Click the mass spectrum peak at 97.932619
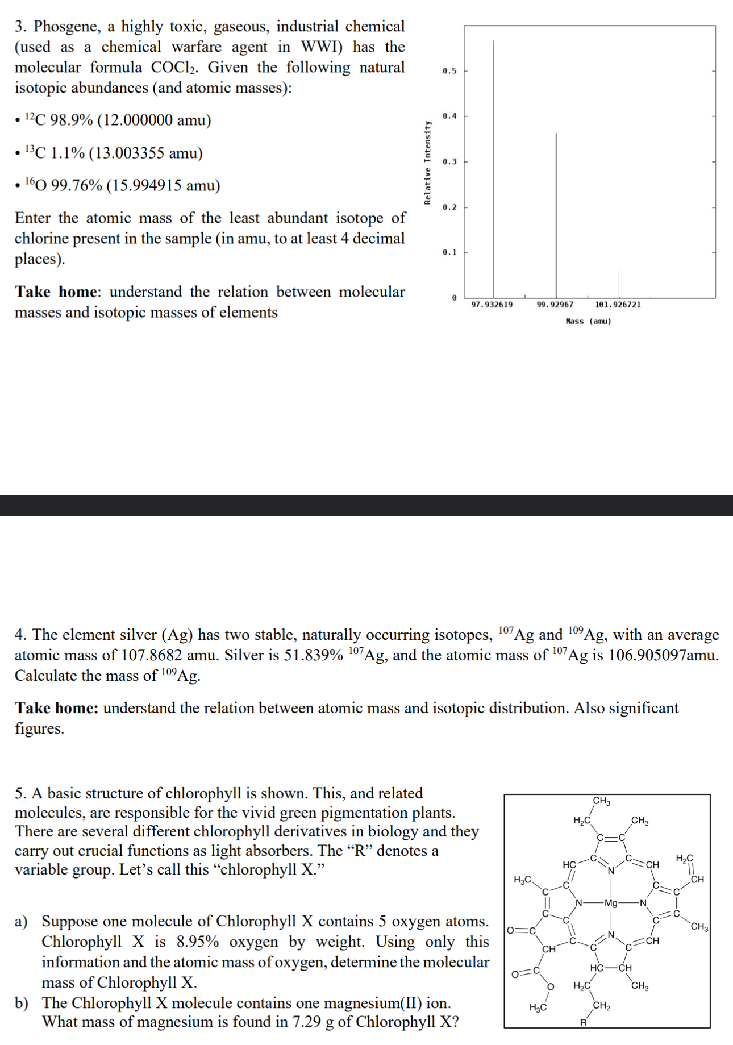click(493, 170)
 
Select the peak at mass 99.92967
click(556, 216)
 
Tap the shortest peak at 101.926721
click(619, 284)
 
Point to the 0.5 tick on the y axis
click(449, 71)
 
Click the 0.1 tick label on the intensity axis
click(449, 252)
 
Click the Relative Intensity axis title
click(427, 163)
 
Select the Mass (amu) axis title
click(589, 322)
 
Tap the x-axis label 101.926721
click(618, 305)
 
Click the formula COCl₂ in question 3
click(174, 68)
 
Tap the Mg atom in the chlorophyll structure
click(611, 902)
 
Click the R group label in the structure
click(583, 1023)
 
